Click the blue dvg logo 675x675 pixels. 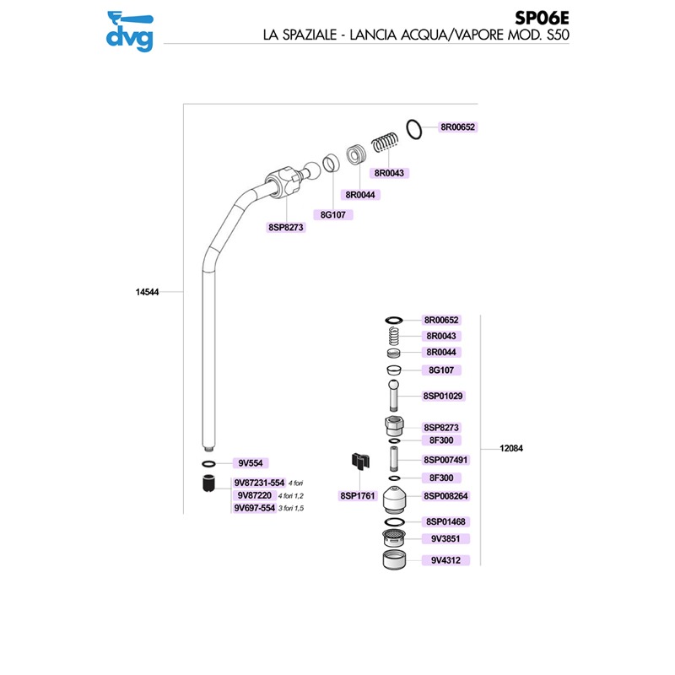coord(130,31)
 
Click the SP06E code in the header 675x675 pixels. coord(542,18)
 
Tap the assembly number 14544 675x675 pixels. coord(147,292)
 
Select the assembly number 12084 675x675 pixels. coord(511,448)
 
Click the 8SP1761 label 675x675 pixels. coord(358,495)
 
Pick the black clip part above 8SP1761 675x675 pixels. coord(360,460)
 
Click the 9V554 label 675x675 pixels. coord(251,462)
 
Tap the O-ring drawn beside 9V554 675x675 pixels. coord(208,463)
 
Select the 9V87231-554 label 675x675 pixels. coord(259,483)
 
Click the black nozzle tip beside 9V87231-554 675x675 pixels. coord(208,483)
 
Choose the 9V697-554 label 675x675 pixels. coord(255,508)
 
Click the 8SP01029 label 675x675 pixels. coord(443,396)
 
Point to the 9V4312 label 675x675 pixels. coord(445,560)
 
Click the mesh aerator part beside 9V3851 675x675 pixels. coord(394,538)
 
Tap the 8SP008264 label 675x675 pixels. coord(445,495)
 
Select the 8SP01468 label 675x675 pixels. coord(445,521)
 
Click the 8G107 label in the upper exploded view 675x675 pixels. coord(332,214)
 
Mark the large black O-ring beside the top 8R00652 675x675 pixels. coord(414,129)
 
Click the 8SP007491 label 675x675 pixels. coord(445,460)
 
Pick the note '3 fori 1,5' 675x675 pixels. coord(291,508)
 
